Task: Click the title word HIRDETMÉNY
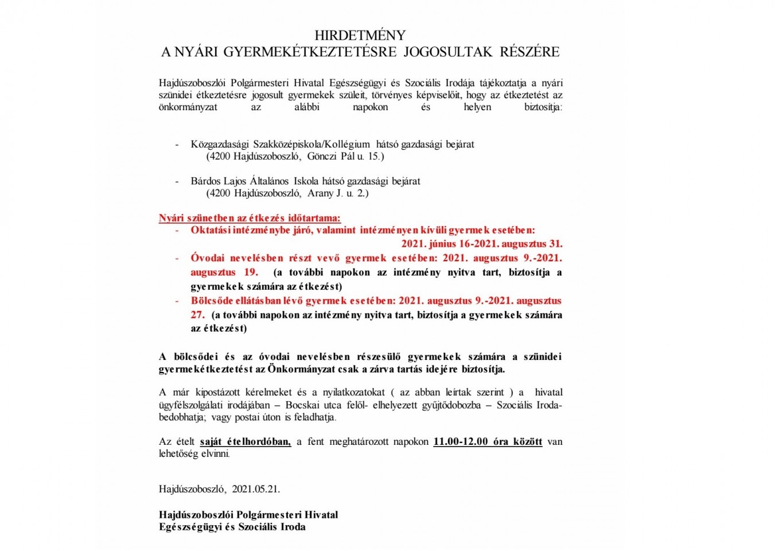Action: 360,35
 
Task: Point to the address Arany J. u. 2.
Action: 338,193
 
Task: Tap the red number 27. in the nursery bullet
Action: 197,315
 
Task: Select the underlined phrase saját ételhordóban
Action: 245,442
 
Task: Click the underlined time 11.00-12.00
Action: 461,442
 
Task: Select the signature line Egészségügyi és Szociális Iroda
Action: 232,527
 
